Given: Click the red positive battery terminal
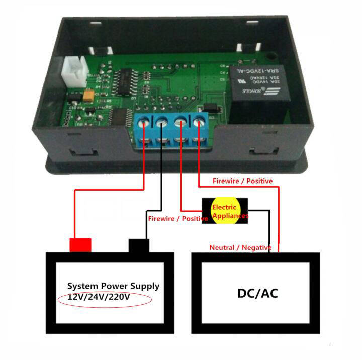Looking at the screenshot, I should point(80,245).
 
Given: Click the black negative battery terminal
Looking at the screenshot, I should point(140,246).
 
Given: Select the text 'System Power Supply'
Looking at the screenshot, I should point(113,286).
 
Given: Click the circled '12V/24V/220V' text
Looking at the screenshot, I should point(99,297).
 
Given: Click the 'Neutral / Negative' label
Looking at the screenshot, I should point(240,247).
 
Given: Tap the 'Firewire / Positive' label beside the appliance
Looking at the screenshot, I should point(178,219).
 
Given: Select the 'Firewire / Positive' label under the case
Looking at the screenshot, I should point(242,180).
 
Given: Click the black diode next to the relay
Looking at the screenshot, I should point(210,108).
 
